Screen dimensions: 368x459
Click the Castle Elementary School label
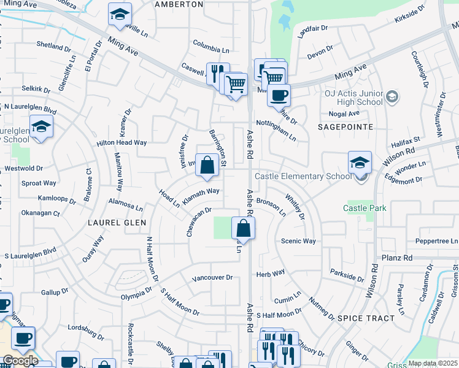pyautogui.click(x=303, y=176)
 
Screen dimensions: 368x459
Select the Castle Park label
pyautogui.click(x=364, y=208)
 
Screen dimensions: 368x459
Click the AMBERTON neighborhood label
pyautogui.click(x=179, y=4)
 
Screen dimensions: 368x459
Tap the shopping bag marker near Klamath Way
pyautogui.click(x=207, y=165)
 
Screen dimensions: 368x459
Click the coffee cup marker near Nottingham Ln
pyautogui.click(x=279, y=95)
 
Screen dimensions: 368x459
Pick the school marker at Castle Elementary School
pyautogui.click(x=360, y=163)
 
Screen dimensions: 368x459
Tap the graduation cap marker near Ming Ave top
pyautogui.click(x=120, y=14)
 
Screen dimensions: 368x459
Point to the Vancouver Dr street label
pyautogui.click(x=212, y=277)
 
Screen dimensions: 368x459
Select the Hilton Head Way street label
pyautogui.click(x=121, y=142)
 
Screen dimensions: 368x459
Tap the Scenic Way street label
pyautogui.click(x=298, y=241)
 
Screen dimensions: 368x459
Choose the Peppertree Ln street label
pyautogui.click(x=436, y=241)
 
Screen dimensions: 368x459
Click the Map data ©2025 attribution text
pyautogui.click(x=433, y=363)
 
